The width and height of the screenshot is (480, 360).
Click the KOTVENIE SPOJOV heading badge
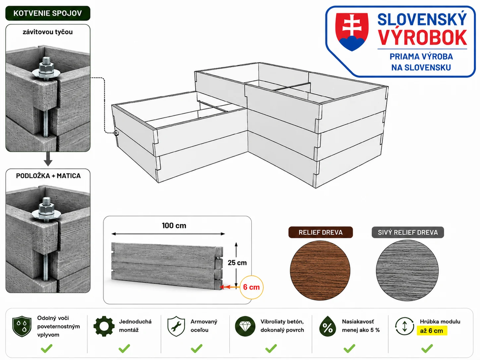pos(48,13)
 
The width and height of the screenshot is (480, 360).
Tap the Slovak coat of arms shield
pos(352,31)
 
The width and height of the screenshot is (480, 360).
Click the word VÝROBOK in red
pos(423,37)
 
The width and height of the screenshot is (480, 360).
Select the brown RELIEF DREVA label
pos(320,232)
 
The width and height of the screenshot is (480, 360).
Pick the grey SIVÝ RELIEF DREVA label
pos(408,232)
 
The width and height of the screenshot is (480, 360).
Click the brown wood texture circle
pos(320,270)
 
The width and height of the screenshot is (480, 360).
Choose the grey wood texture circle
pos(407,270)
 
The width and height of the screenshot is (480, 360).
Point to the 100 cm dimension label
pos(174,225)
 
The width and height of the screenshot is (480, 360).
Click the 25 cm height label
pos(237,263)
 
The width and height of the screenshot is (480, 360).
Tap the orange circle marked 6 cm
pos(252,287)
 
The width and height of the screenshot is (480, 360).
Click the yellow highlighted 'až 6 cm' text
pos(432,330)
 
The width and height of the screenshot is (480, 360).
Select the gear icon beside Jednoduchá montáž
pos(104,326)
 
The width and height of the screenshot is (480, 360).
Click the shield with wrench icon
pos(176,326)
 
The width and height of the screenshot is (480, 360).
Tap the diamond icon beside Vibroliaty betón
pos(245,326)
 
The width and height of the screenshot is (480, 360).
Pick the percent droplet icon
pos(328,326)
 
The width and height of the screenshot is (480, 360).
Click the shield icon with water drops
pos(22,326)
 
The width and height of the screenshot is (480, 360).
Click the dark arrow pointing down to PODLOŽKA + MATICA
pos(48,159)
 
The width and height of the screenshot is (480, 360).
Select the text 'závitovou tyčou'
pos(48,32)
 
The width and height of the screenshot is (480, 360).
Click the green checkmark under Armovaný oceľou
pos(197,348)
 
